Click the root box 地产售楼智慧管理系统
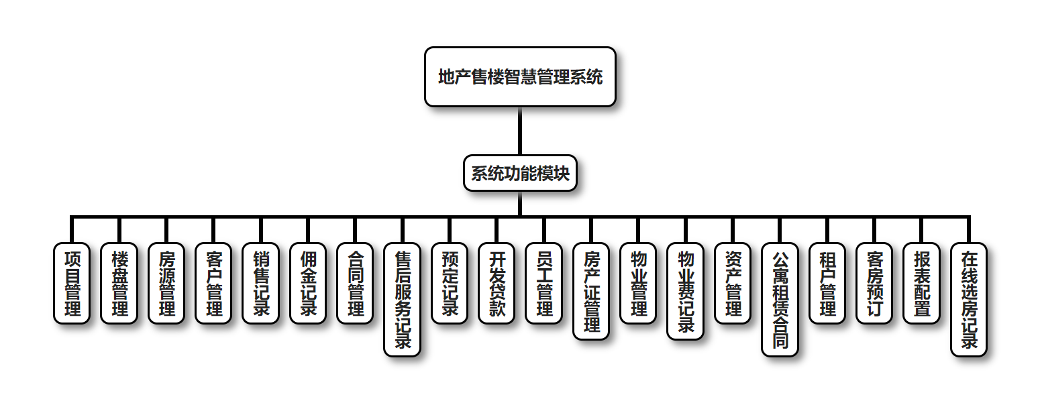(x=520, y=76)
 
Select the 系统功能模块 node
(x=520, y=174)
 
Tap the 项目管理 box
(x=72, y=283)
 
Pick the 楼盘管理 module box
(x=119, y=283)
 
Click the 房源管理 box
(x=166, y=283)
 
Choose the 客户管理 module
(x=213, y=283)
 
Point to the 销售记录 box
(x=261, y=283)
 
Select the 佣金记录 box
(x=308, y=283)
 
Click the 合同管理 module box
(x=356, y=283)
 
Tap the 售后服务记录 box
(x=403, y=299)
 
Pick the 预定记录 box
(x=450, y=283)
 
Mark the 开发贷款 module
(x=497, y=283)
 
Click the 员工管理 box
(x=544, y=283)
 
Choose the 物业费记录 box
(x=686, y=291)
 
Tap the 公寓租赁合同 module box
(x=780, y=299)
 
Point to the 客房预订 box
(x=875, y=283)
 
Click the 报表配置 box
(x=922, y=283)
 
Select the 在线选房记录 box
(x=969, y=299)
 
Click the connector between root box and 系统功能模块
(x=520, y=131)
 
